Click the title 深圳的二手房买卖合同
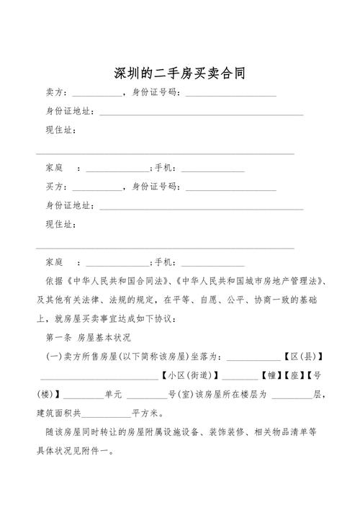click(x=180, y=73)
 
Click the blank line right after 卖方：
click(x=97, y=95)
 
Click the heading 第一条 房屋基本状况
click(x=87, y=337)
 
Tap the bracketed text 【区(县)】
click(x=301, y=357)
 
